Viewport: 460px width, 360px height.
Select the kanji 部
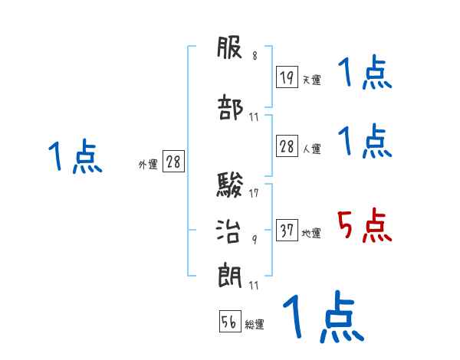click(x=231, y=107)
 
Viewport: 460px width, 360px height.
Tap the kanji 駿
click(x=231, y=185)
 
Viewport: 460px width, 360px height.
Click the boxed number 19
click(x=287, y=77)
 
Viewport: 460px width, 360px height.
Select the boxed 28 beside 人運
click(x=287, y=147)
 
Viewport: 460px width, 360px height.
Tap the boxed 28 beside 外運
click(x=173, y=162)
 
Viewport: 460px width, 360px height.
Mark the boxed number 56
click(x=229, y=322)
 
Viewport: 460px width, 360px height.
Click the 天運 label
click(x=311, y=80)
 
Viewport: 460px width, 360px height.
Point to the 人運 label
click(x=311, y=149)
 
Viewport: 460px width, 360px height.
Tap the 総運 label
click(x=255, y=325)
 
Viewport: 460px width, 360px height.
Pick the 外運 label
click(x=148, y=164)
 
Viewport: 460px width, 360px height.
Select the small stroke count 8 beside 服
click(x=255, y=56)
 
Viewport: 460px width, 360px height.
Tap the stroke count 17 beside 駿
click(x=254, y=193)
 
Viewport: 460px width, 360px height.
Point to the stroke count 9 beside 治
click(x=255, y=239)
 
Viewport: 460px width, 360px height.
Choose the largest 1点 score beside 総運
click(x=323, y=316)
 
